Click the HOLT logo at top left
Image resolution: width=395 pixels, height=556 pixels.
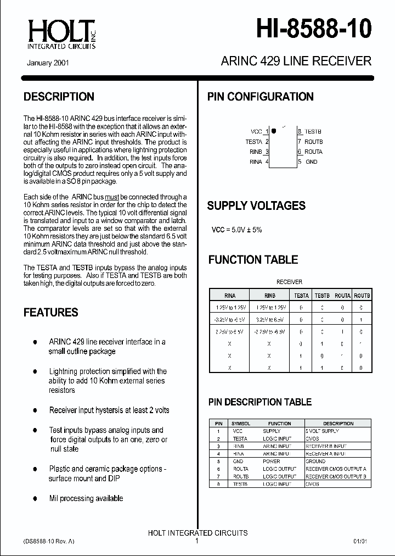point(61,34)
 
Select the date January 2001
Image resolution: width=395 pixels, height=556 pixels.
point(48,63)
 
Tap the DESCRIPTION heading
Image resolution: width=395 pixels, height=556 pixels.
point(59,97)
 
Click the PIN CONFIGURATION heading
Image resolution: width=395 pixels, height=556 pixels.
point(260,97)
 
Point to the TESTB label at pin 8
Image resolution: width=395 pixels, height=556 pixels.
point(313,132)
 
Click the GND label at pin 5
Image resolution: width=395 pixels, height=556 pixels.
point(311,162)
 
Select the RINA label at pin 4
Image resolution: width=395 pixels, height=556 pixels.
point(256,162)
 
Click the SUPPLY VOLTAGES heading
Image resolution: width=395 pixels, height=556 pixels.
point(256,206)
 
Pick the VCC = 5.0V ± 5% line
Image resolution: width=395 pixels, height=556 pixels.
point(236,230)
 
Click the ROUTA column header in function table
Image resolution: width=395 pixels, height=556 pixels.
point(342,296)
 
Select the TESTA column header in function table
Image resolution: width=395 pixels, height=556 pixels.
point(302,296)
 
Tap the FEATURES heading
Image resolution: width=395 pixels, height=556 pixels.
point(51,313)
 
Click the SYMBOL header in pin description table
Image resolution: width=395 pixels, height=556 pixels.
point(240,424)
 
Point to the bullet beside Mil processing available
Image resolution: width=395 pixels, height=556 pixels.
point(35,498)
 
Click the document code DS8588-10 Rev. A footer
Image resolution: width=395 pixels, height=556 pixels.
point(49,541)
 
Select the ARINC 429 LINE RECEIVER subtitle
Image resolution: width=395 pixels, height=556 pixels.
point(296,61)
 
